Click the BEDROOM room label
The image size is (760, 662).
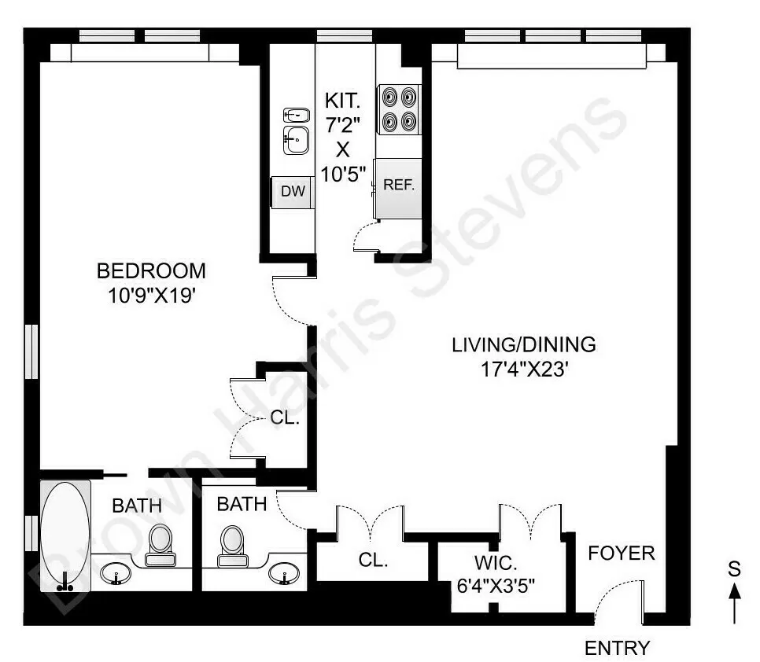[151, 271]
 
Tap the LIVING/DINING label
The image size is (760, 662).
[523, 344]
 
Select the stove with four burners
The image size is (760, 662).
[398, 109]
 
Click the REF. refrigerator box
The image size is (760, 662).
[398, 187]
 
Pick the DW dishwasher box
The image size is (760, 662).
[293, 192]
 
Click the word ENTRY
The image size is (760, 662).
[618, 649]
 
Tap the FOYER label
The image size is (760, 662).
[621, 554]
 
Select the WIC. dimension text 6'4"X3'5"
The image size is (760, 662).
[500, 586]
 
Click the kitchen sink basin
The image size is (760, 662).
[296, 141]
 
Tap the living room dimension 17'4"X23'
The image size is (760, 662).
[523, 369]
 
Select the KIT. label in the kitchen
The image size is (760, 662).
[343, 101]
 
